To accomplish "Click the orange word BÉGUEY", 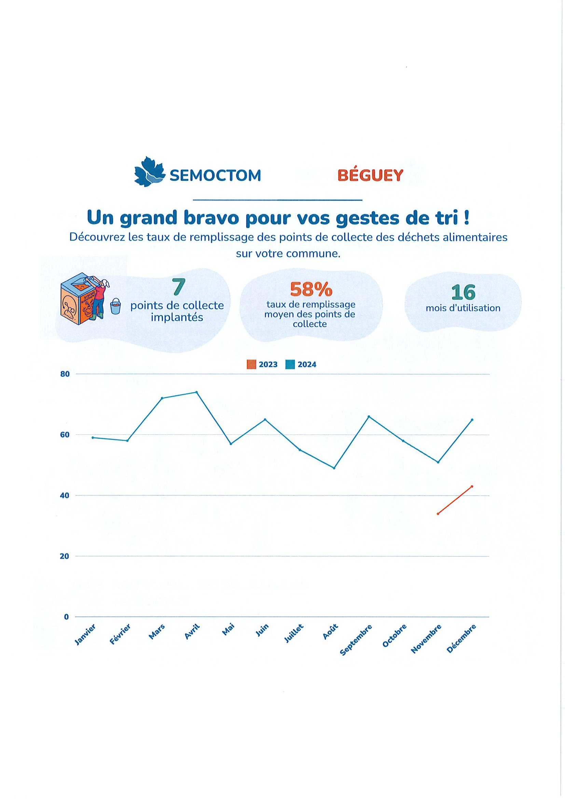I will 370,176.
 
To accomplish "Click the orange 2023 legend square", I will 251,365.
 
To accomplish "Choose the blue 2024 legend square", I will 290,365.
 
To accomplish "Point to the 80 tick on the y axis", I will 66,375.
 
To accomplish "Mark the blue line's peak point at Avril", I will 196,392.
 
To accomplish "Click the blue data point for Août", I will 334,468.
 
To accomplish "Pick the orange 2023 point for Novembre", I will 438,514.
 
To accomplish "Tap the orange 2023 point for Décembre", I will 472,487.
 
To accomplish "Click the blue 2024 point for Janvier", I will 93,438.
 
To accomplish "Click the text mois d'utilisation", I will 463,308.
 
